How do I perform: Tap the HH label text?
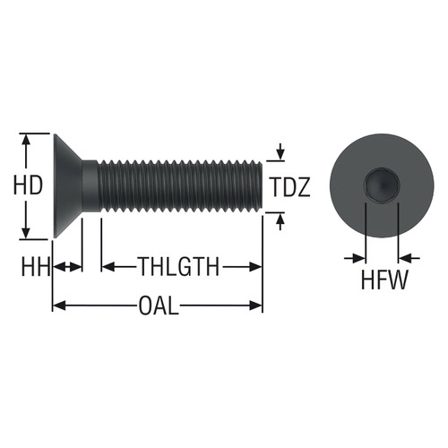tap(35, 266)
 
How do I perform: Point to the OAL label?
tap(158, 306)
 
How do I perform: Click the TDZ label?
tap(290, 187)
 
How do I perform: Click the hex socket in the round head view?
tap(381, 186)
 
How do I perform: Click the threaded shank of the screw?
tap(179, 186)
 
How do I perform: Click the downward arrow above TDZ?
tap(281, 153)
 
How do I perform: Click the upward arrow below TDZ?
tap(281, 219)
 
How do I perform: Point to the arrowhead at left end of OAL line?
tap(58, 306)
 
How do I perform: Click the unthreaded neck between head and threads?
tap(90, 186)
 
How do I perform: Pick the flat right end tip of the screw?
tap(261, 186)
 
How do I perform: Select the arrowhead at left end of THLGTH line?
tap(108, 266)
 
